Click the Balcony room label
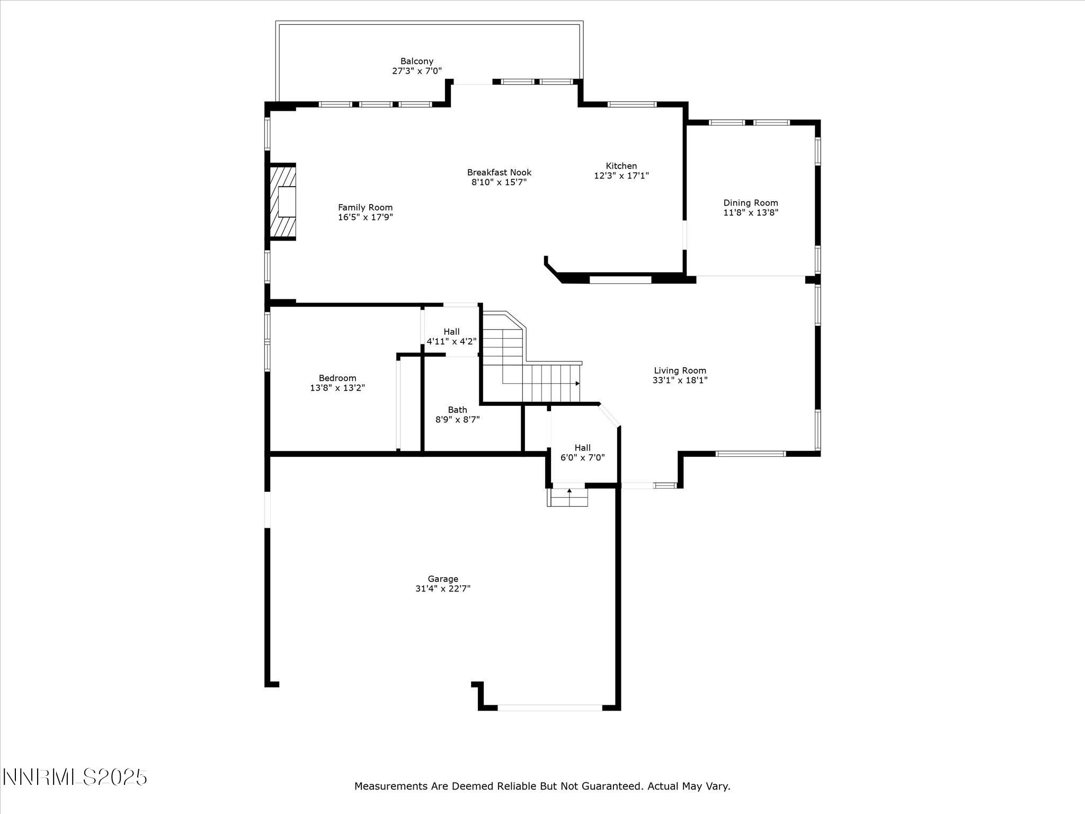[416, 61]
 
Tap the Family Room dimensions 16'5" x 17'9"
[366, 217]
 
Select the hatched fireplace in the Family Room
[282, 201]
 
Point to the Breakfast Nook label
[499, 173]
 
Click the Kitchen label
[621, 166]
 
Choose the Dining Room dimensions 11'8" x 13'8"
[751, 213]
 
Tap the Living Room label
[680, 371]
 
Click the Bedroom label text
[337, 378]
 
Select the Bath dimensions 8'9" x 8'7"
[458, 420]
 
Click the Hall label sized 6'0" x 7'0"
[582, 448]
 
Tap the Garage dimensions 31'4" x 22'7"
[443, 589]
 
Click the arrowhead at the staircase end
[577, 383]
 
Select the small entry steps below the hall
[568, 497]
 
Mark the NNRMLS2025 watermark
[74, 777]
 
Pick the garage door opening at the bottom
[549, 707]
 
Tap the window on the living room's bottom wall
[750, 454]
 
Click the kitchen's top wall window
[632, 104]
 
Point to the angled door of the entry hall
[609, 415]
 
